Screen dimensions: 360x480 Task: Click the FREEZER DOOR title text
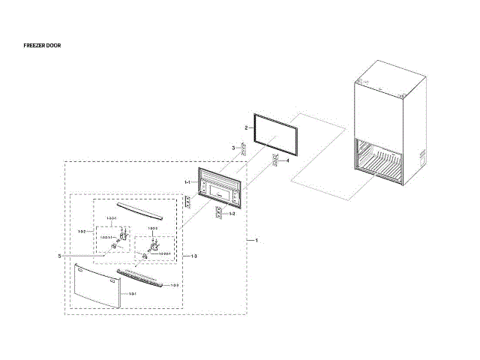click(43, 46)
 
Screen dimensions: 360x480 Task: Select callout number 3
click(233, 147)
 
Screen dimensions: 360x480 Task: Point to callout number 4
click(286, 160)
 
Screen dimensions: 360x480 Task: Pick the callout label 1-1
click(187, 182)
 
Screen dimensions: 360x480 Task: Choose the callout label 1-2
click(232, 214)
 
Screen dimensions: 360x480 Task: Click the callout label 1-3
click(193, 257)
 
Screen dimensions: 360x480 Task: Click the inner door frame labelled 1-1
click(220, 186)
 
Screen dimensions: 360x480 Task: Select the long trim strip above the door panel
click(142, 277)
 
